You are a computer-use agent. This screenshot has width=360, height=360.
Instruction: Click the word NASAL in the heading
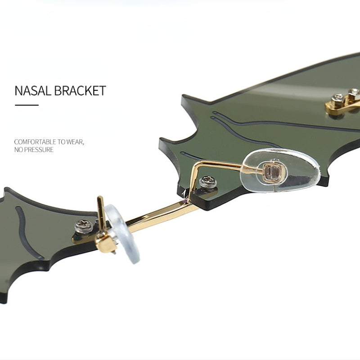point(33,90)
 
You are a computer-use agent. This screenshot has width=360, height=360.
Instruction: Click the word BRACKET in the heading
point(80,90)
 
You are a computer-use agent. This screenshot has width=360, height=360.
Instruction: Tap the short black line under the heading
point(27,105)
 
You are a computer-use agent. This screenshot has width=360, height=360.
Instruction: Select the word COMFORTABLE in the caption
point(35,142)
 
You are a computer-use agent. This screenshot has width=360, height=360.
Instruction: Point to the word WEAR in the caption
point(75,142)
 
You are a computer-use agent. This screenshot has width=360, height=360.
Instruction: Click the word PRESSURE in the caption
point(39,150)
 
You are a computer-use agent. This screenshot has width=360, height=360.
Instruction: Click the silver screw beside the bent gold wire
point(208,182)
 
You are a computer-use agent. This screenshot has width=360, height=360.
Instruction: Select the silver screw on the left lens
point(84,226)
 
